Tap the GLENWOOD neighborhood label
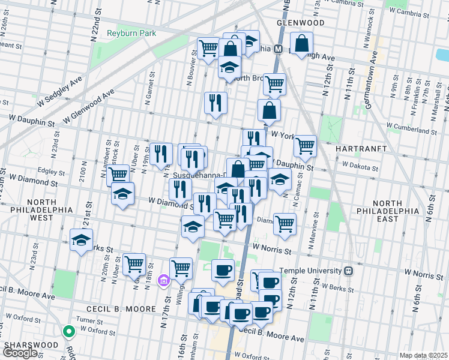click(x=300, y=23)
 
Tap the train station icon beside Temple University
click(x=349, y=271)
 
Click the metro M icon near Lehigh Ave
click(x=279, y=49)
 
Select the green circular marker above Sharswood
click(x=69, y=331)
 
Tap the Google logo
click(x=20, y=353)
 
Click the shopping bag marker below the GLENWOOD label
click(x=301, y=43)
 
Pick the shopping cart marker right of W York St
click(x=305, y=145)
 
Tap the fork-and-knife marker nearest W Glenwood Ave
click(x=215, y=103)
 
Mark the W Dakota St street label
click(x=361, y=163)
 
